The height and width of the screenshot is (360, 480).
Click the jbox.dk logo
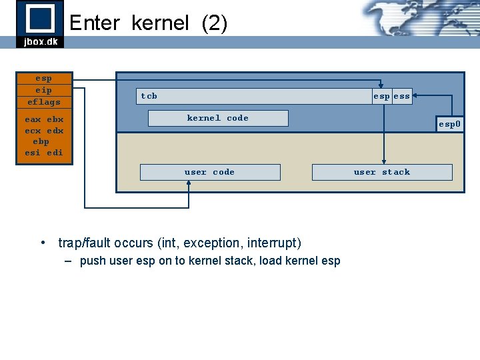tap(40, 23)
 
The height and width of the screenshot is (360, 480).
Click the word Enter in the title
tap(94, 23)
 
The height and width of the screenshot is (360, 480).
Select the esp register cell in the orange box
tap(43, 78)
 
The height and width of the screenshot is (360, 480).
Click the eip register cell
tap(43, 90)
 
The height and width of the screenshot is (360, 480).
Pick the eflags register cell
tap(43, 102)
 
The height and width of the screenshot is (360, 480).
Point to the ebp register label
tap(41, 141)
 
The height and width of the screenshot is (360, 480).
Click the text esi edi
tap(43, 153)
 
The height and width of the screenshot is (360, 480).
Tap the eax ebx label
tap(43, 120)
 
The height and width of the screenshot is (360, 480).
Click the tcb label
tap(149, 96)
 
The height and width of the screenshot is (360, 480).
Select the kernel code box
tap(217, 118)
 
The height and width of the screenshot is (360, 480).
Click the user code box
tap(209, 172)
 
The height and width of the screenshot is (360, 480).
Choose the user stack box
tap(382, 172)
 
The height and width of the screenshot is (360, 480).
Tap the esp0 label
tap(449, 124)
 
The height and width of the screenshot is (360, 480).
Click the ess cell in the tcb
tap(401, 97)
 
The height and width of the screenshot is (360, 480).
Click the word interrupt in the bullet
tap(275, 243)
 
